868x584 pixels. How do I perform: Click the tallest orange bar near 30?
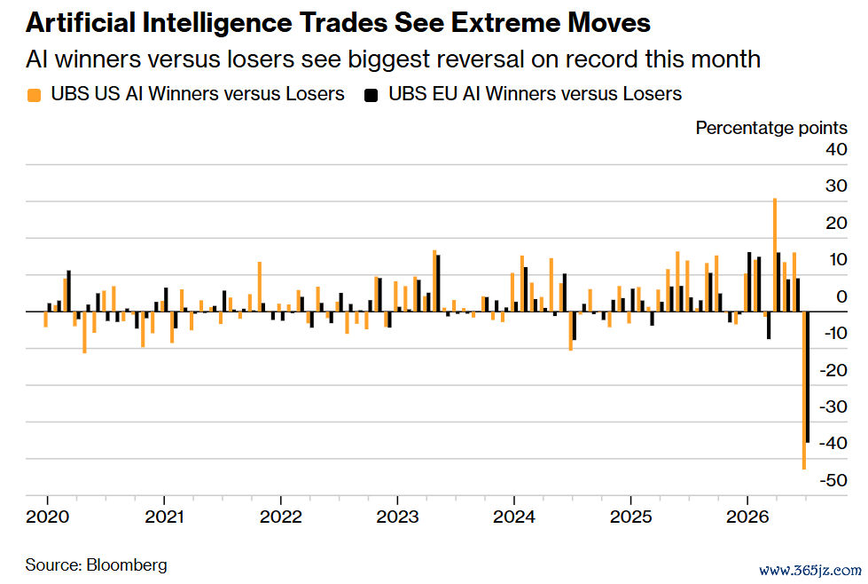coord(774,255)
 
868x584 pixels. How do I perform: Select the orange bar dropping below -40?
coord(804,390)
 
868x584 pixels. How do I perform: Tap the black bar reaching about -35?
coord(808,377)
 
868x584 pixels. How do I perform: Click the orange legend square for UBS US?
coord(35,95)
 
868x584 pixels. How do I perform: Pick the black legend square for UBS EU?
coord(371,95)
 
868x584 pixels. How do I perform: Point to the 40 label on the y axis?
coord(836,149)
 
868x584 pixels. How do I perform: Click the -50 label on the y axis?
coord(833,480)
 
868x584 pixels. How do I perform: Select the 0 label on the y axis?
coord(841,296)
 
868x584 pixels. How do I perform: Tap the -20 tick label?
coord(833,369)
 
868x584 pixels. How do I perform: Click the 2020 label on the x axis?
coord(48,517)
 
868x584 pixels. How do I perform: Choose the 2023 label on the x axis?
coord(397,517)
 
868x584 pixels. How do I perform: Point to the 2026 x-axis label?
coord(747,517)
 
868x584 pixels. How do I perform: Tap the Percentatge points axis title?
coord(771,128)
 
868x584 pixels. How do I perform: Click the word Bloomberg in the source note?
coord(127,564)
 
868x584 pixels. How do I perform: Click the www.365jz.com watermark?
coord(809,571)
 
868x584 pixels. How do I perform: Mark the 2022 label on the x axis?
coord(281,517)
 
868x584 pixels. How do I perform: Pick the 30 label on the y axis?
coord(836,185)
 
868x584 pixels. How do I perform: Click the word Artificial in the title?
coord(81,23)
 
